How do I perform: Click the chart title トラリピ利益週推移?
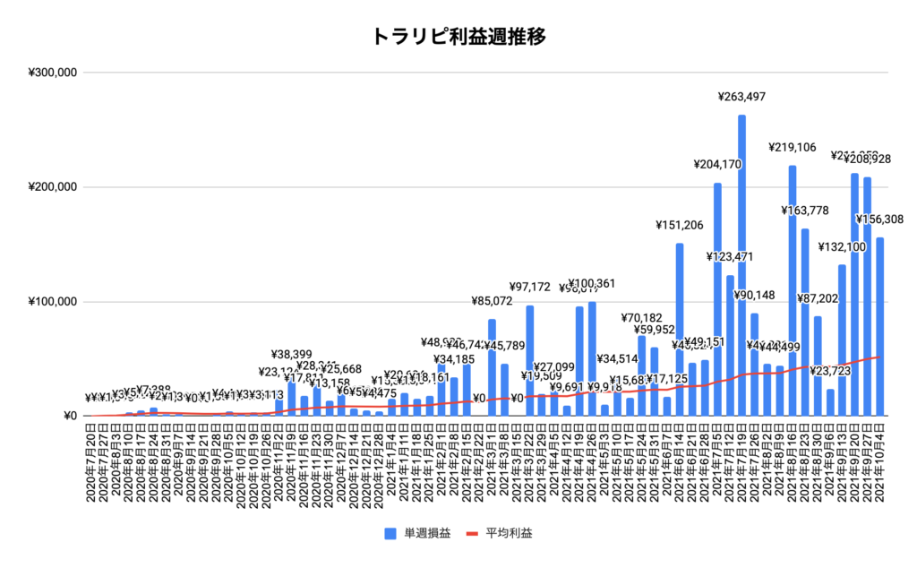458,37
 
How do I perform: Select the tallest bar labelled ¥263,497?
742,269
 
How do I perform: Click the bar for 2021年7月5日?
717,300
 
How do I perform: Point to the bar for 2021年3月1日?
492,367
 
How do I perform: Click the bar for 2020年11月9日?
291,400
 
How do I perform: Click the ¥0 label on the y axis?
70,417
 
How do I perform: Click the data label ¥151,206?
679,225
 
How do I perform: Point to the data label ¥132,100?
843,246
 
